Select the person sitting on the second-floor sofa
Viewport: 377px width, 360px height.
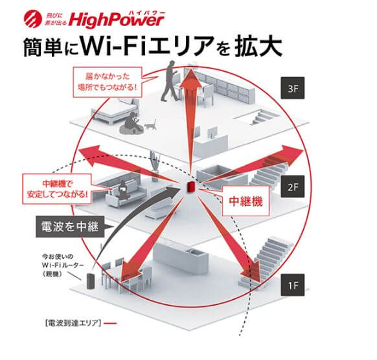coord(124,187)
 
